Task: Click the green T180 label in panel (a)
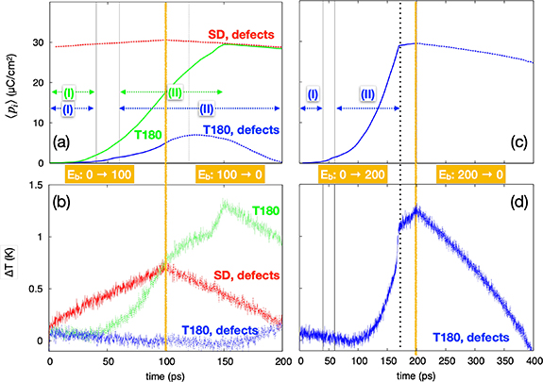click(x=147, y=134)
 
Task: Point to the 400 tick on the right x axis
click(x=534, y=361)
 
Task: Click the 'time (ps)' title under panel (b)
click(x=119, y=374)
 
